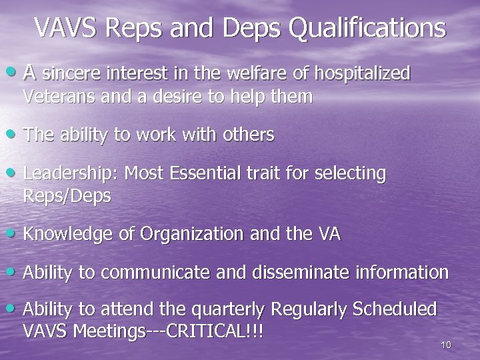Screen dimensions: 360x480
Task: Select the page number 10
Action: pos(445,345)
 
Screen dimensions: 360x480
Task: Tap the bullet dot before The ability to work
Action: pos(15,135)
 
